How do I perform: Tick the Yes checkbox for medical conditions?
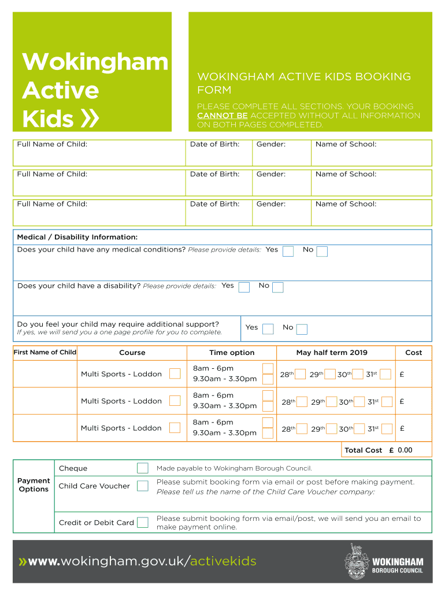click(288, 251)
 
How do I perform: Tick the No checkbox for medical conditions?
click(322, 251)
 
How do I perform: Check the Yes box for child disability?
click(244, 287)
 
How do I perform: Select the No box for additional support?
click(302, 329)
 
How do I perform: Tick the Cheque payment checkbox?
click(142, 468)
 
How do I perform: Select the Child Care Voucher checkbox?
click(142, 486)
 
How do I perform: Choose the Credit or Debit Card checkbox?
click(142, 523)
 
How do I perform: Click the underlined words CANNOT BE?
click(222, 116)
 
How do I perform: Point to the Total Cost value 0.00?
click(405, 450)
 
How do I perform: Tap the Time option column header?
click(232, 353)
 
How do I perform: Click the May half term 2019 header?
click(332, 353)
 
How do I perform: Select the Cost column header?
click(413, 353)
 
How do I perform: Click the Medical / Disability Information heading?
click(77, 237)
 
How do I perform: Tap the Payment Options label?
click(34, 485)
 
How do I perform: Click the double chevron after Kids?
click(91, 119)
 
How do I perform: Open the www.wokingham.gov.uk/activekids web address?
click(138, 561)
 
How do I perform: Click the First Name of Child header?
click(44, 353)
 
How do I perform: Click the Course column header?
click(132, 353)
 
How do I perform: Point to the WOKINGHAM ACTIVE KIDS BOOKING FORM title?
click(304, 83)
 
